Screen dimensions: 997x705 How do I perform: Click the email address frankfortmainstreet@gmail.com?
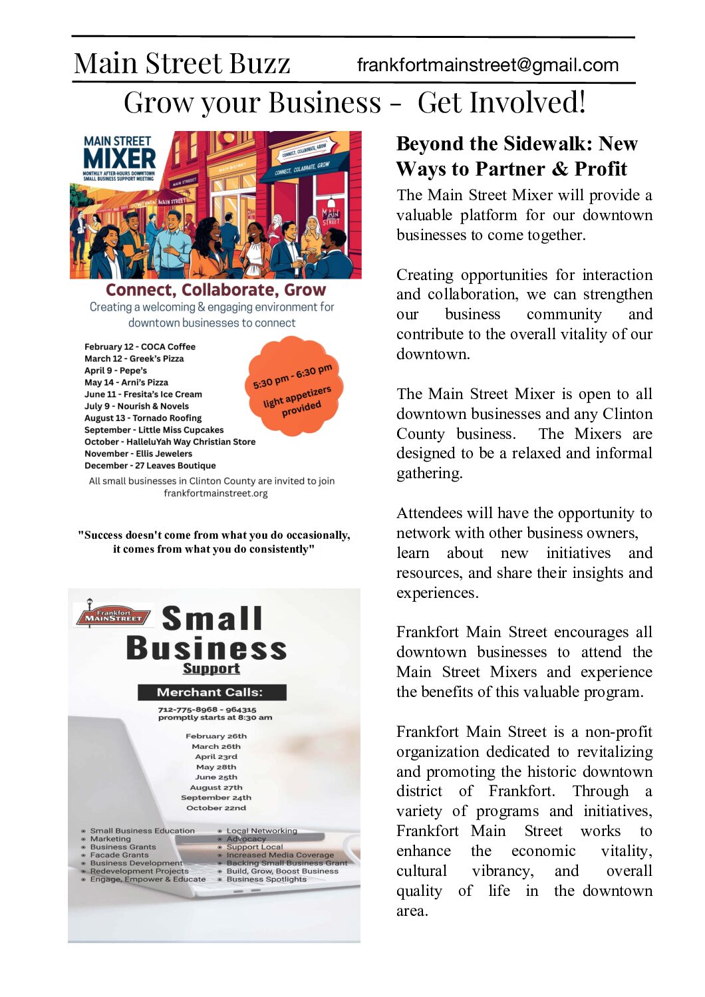click(488, 65)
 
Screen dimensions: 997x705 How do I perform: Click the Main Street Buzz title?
click(182, 64)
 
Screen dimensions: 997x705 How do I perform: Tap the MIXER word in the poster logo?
click(120, 159)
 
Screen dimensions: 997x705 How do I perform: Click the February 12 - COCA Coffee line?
click(140, 347)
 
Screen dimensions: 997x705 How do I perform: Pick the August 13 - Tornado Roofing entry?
click(143, 418)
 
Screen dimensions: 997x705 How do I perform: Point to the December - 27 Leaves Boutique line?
click(150, 466)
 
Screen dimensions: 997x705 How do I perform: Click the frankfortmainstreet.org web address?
click(215, 494)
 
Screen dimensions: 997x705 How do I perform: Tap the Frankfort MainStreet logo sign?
click(113, 616)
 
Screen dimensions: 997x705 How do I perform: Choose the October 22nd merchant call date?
click(216, 808)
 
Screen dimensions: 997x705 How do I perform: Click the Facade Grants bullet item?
click(119, 855)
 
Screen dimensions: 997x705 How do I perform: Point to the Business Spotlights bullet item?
click(266, 879)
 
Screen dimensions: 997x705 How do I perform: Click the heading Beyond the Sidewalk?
click(517, 144)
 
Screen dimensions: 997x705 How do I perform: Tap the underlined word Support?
click(211, 668)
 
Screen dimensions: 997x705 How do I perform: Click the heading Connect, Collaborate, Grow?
click(215, 290)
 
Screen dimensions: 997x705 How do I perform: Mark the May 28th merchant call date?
click(216, 767)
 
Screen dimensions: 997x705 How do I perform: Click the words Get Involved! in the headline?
click(501, 103)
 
